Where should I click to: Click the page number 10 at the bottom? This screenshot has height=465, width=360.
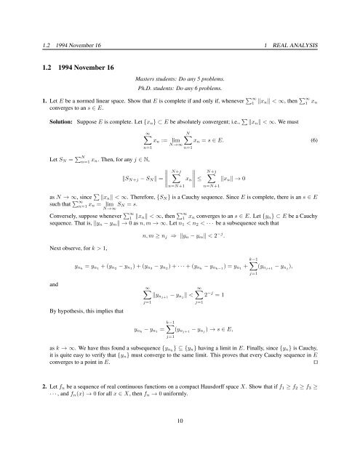(x=180, y=438)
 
